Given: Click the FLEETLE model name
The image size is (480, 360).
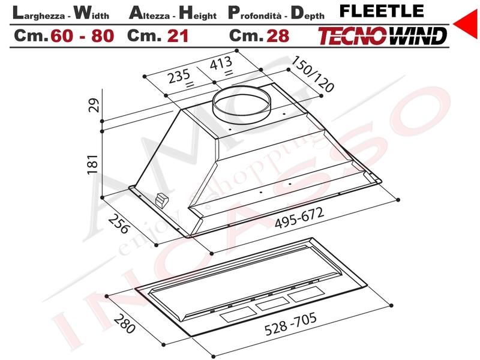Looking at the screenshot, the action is coord(382,11).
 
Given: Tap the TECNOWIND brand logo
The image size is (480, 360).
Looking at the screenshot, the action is coord(382,36).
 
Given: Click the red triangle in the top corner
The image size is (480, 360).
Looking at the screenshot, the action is coord(466,23).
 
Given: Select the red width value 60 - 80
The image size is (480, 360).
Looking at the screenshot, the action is coord(82,36).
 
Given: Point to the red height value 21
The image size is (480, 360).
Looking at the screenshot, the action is coord(178,36).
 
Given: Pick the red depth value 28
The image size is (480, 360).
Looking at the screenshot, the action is coord(278,36).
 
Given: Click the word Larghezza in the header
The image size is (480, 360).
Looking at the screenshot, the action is coord(38,13).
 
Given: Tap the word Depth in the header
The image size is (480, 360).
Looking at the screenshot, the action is coord(307,13).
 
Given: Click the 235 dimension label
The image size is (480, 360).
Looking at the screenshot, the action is coord(179,76).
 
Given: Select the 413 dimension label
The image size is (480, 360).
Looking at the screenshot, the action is coord(221,64).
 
